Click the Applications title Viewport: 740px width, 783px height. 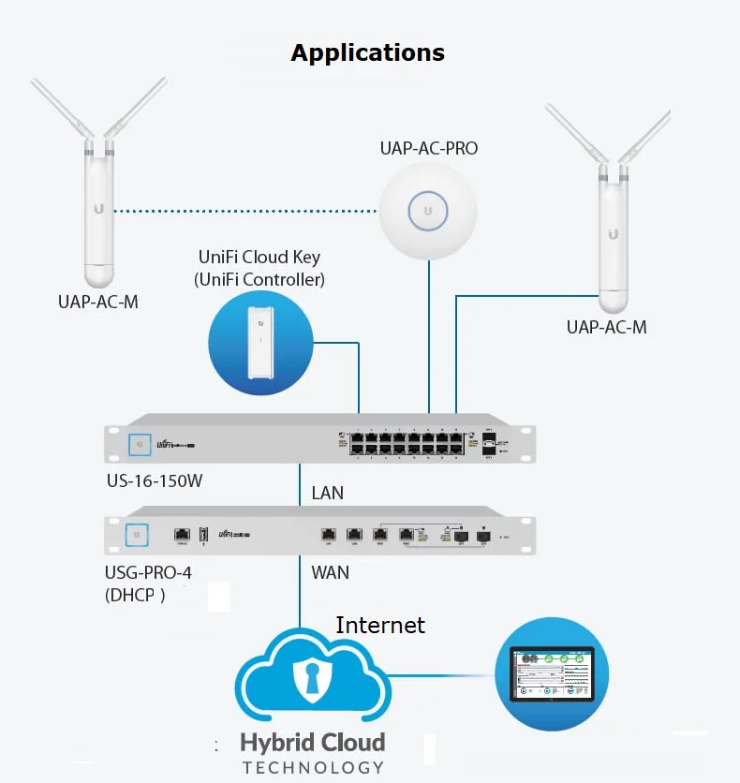(367, 52)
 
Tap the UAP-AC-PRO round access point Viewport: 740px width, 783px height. (428, 211)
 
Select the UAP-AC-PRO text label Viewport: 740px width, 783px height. (428, 148)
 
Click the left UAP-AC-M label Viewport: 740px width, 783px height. (96, 303)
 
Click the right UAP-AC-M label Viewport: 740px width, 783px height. (606, 327)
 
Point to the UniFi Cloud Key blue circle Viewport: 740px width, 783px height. (258, 343)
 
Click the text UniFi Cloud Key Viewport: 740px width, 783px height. (259, 257)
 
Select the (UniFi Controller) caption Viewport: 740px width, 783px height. (259, 278)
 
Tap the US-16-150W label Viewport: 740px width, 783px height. (154, 481)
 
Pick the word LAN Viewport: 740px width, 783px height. (327, 493)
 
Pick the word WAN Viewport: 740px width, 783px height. (329, 571)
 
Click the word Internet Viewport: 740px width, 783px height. (380, 625)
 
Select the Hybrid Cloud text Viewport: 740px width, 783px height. (313, 743)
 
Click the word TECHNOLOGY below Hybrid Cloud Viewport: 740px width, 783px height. (313, 767)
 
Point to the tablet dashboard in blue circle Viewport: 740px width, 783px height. (551, 674)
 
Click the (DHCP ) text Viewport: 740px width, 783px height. (135, 593)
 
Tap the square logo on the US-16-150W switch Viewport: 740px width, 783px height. (139, 442)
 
